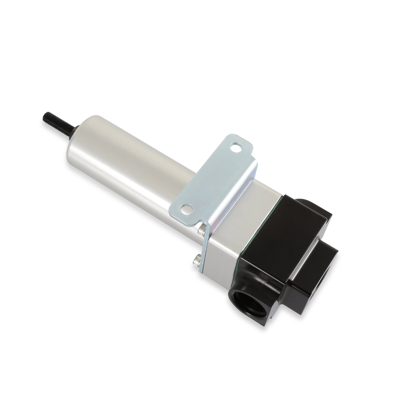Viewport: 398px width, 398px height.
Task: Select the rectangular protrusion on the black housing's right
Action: click(x=315, y=275)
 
